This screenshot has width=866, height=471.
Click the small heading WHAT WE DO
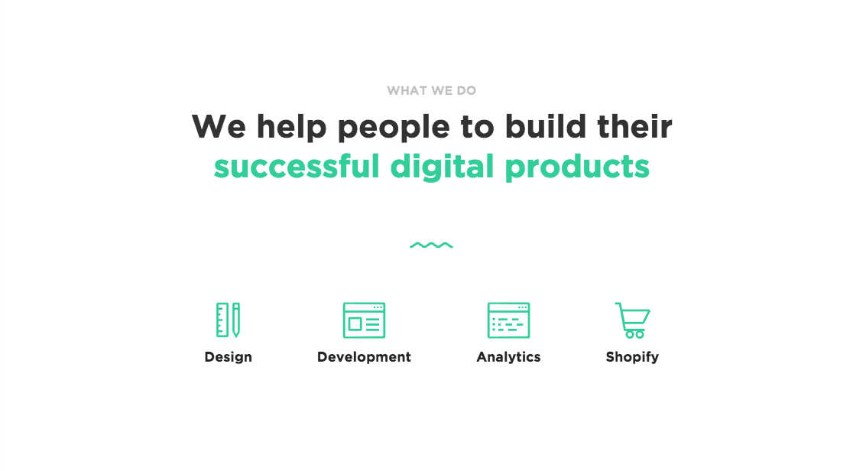[431, 90]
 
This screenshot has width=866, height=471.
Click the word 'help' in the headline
[292, 127]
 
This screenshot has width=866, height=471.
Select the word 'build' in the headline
[545, 126]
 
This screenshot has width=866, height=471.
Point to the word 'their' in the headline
[634, 126]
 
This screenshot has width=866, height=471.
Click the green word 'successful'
[297, 166]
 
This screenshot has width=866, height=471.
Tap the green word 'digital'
[442, 167]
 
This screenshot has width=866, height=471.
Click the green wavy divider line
[431, 245]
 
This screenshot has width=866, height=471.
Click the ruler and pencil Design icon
[228, 320]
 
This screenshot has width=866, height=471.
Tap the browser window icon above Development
[364, 320]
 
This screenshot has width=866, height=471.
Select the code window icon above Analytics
[508, 320]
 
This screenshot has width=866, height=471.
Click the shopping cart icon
[632, 320]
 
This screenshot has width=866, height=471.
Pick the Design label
[228, 357]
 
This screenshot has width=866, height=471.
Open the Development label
[364, 358]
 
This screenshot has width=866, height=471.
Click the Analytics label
[508, 358]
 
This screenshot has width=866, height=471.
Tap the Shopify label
[632, 358]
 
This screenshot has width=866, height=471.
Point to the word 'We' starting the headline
[219, 126]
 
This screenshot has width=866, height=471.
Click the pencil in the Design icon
[236, 320]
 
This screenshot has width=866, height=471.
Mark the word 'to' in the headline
[477, 127]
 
